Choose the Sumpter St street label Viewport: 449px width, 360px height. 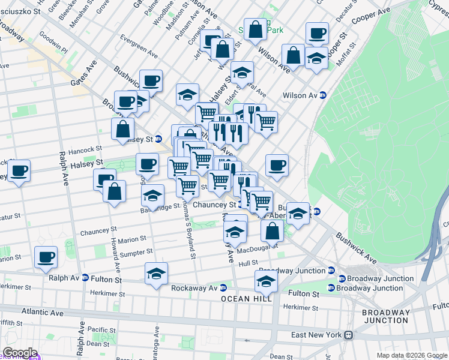136,253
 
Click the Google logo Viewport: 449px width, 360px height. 19,353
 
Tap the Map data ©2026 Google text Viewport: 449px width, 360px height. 412,355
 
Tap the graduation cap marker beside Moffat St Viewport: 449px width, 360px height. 316,58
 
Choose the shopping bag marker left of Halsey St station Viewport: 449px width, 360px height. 122,128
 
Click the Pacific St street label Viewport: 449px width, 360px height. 105,330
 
